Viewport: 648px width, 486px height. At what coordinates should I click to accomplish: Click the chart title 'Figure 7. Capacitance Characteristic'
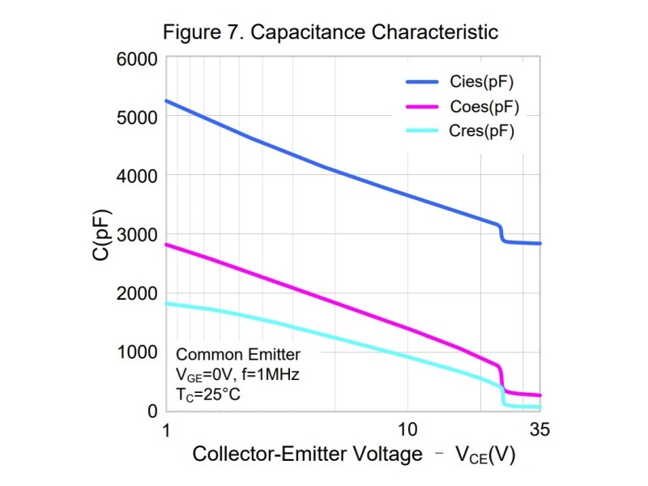pos(330,32)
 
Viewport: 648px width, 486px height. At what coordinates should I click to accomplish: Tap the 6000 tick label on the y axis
pos(137,59)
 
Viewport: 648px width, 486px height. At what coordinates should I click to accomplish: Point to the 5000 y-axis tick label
pos(137,117)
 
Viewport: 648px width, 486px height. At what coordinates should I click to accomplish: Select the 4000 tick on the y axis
pos(137,177)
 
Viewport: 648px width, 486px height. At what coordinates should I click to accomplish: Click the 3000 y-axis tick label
pos(137,235)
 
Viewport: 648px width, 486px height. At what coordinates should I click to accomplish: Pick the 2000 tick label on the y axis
pos(137,294)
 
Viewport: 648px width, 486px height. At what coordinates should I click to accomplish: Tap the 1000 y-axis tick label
pos(138,352)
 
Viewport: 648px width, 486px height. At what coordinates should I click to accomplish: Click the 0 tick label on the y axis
pos(152,411)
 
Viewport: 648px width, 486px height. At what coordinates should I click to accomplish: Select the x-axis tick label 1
pos(166,430)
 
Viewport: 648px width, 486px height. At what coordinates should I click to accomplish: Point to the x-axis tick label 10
pos(407,430)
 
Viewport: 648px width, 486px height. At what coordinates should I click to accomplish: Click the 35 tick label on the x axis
pos(539,430)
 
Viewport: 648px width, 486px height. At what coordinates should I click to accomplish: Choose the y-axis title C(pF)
pos(101,235)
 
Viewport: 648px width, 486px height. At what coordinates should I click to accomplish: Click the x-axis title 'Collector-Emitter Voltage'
pos(307,454)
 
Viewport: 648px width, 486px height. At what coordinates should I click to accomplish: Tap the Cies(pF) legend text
pos(481,82)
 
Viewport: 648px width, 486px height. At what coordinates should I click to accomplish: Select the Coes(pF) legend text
pos(484,107)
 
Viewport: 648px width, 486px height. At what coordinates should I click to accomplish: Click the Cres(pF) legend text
pos(481,131)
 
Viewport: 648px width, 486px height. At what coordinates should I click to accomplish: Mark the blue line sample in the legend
pos(422,82)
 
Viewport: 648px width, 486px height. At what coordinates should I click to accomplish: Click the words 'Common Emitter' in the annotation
pos(238,355)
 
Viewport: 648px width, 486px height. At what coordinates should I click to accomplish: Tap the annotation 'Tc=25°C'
pos(208,394)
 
